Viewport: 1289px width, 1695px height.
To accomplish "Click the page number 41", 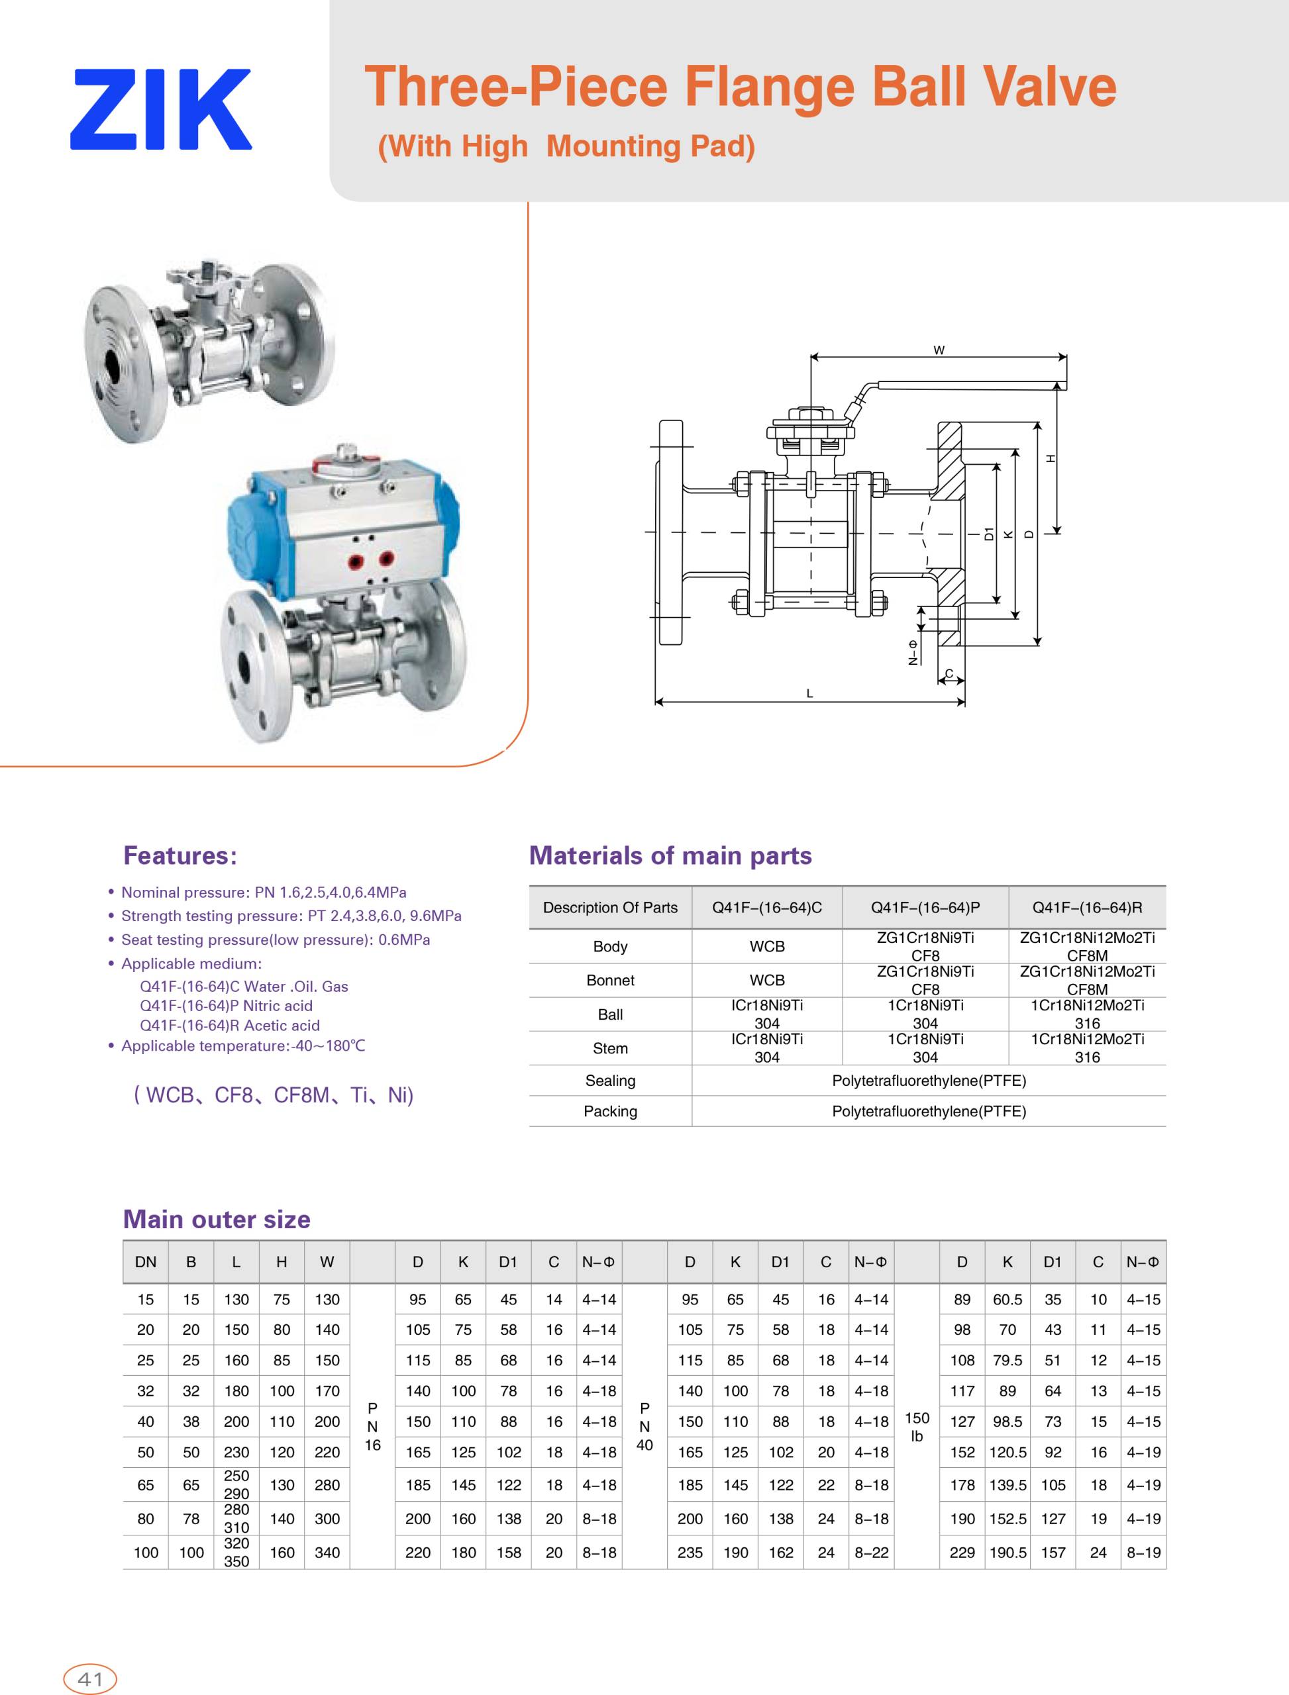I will [x=90, y=1679].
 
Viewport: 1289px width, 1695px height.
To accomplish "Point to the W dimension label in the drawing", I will [x=939, y=350].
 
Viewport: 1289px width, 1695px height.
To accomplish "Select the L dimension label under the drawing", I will [x=809, y=693].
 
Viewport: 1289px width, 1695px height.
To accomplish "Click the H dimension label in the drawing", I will [x=1051, y=459].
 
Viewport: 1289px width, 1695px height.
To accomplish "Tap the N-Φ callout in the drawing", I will [x=912, y=652].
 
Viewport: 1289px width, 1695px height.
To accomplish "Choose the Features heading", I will [x=180, y=855].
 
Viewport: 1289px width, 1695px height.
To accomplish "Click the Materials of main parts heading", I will [x=670, y=855].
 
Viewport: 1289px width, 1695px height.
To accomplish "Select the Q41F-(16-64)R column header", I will [x=1086, y=907].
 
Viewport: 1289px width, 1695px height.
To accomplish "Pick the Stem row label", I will [x=610, y=1047].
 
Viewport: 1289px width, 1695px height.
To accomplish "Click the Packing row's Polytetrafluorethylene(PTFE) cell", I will [x=929, y=1110].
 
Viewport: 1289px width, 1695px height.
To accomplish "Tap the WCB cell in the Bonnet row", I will [x=766, y=980].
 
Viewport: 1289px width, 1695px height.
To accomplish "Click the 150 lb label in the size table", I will [x=916, y=1427].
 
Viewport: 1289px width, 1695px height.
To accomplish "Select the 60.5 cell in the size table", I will [x=1007, y=1299].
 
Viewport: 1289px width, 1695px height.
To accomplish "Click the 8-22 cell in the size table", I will [x=871, y=1553].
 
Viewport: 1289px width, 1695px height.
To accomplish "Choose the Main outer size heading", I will [x=217, y=1219].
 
